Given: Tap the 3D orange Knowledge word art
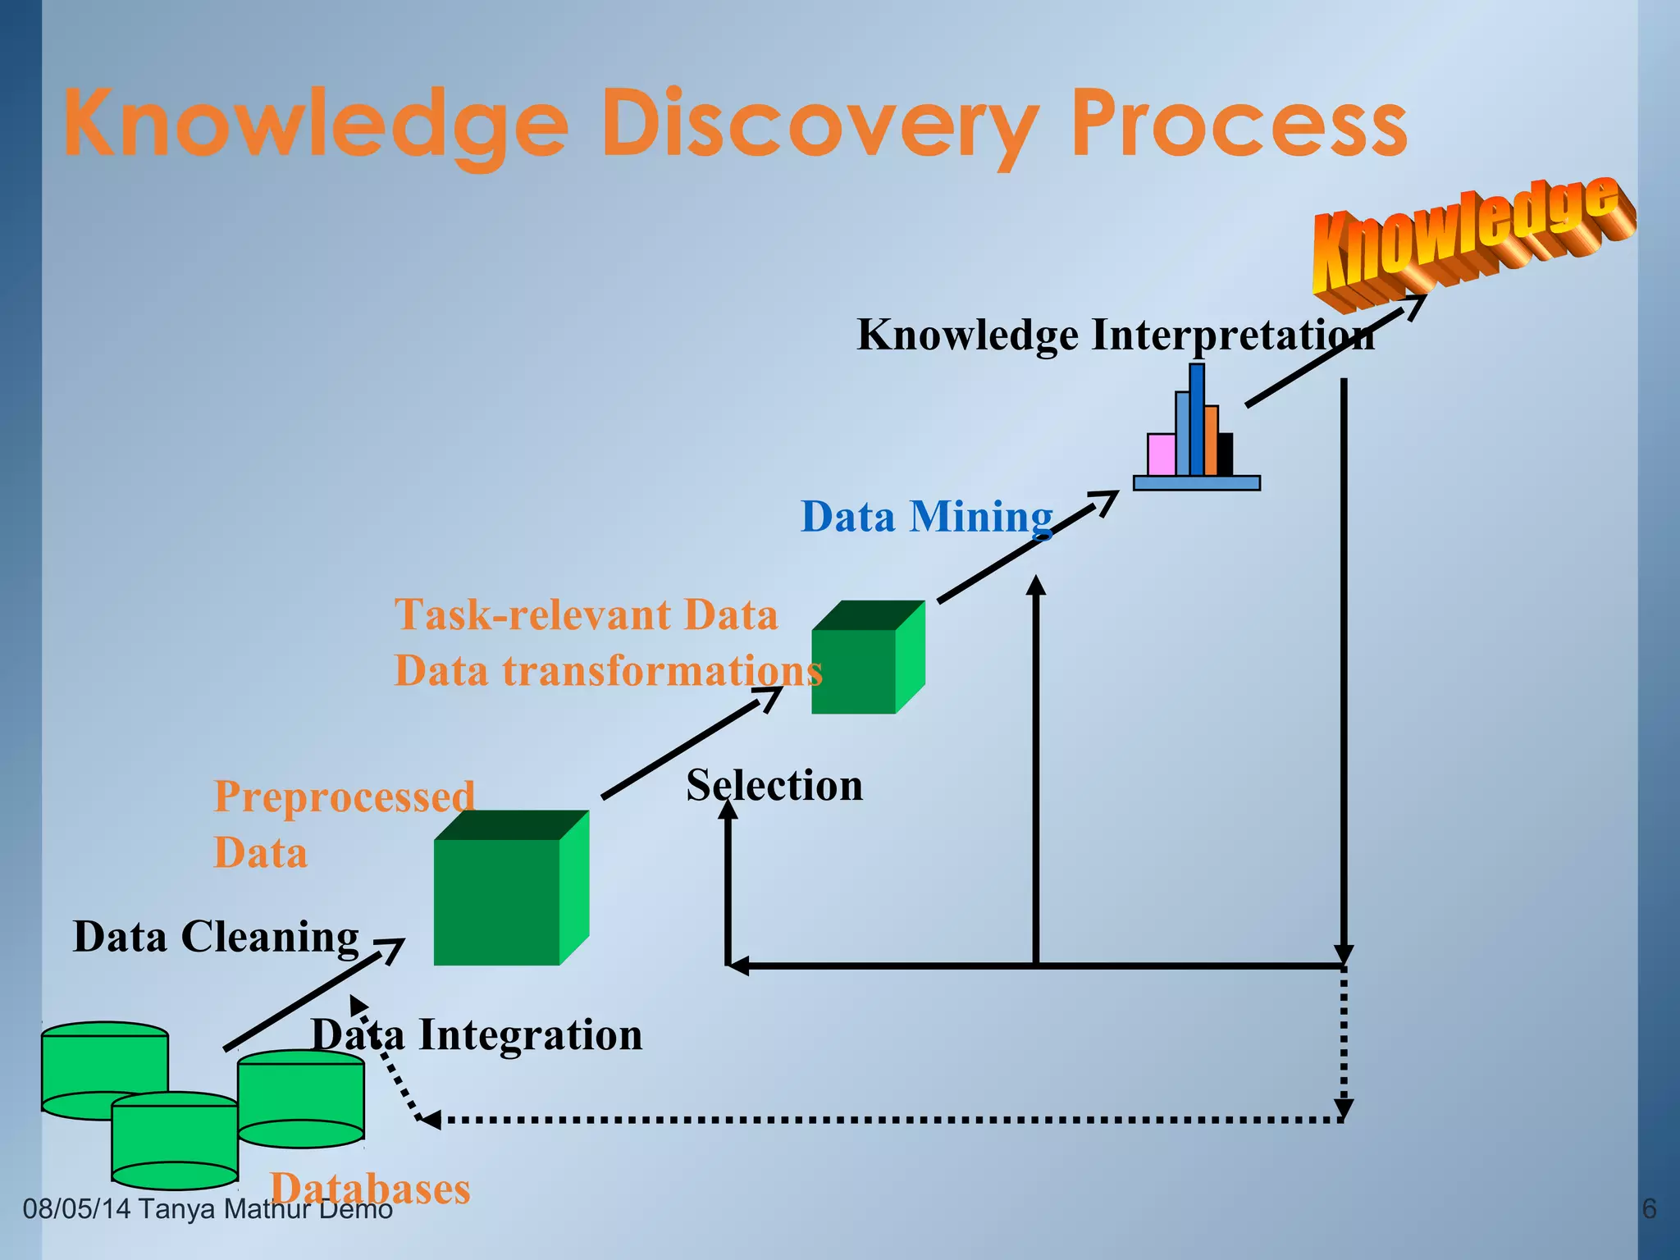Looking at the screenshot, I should tap(1468, 238).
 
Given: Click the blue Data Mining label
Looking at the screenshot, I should tap(927, 517).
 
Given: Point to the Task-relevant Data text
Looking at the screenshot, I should tap(586, 614).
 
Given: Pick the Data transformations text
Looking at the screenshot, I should tap(607, 670).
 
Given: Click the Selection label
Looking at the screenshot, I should tap(774, 785).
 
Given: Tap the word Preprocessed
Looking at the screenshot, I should tap(344, 797).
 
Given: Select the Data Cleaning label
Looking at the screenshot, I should tap(216, 936).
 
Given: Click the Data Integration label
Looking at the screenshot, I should tap(477, 1034).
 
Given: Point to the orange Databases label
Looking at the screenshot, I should tap(371, 1188).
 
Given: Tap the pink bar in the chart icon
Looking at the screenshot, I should tap(1161, 454).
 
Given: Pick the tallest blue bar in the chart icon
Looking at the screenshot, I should tap(1197, 419).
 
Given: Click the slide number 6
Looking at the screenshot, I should tap(1648, 1209).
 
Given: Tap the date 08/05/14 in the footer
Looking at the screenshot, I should tap(76, 1209).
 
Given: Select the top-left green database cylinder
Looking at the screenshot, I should tap(104, 1062).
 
